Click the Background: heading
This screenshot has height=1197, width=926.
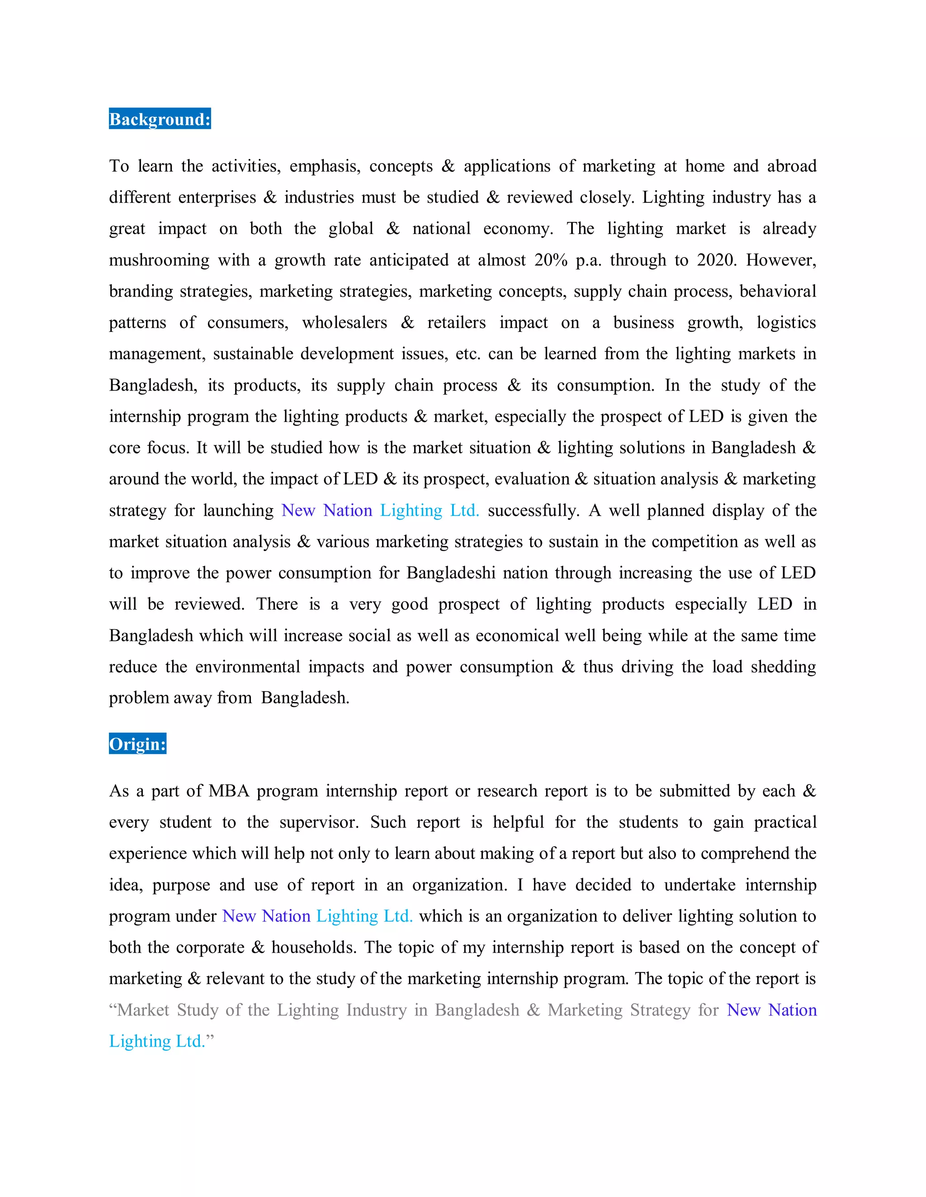click(160, 119)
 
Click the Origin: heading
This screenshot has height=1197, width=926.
click(137, 744)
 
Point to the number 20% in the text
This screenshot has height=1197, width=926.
click(551, 260)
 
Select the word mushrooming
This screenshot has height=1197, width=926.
click(159, 260)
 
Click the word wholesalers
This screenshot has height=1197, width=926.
click(344, 322)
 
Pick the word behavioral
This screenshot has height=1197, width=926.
click(777, 291)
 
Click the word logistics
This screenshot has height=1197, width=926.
click(786, 322)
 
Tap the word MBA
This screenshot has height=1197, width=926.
click(229, 791)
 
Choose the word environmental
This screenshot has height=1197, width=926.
click(247, 666)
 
